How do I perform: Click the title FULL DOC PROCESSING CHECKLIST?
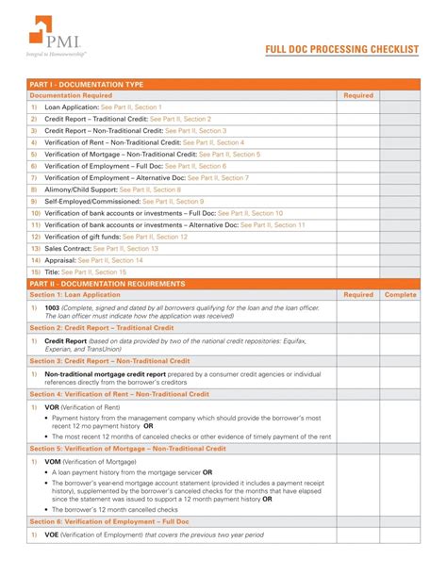[x=340, y=50]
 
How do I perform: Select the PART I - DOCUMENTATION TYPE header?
[x=85, y=85]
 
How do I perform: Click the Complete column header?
[x=400, y=295]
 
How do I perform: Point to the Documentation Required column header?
[x=71, y=95]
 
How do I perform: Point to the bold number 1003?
[x=53, y=307]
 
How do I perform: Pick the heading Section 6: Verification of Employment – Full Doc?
[x=109, y=521]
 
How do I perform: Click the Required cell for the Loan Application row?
[x=359, y=107]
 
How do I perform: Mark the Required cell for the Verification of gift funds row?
[x=359, y=237]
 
